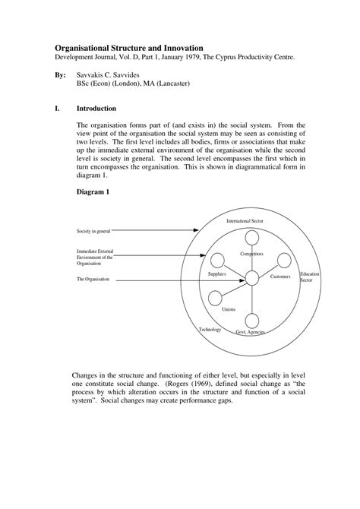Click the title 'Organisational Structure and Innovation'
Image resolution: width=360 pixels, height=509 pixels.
click(133, 47)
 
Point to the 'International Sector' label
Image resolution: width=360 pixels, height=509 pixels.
click(245, 220)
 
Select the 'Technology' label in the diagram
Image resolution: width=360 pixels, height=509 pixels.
click(210, 330)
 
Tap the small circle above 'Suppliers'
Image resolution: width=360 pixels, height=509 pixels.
click(216, 260)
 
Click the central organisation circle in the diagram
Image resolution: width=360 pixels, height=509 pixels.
click(251, 280)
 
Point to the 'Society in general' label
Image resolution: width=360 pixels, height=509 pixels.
click(93, 230)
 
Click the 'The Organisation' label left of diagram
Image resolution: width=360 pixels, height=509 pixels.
click(93, 280)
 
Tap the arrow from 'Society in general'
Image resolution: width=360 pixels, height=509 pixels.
click(159, 230)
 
